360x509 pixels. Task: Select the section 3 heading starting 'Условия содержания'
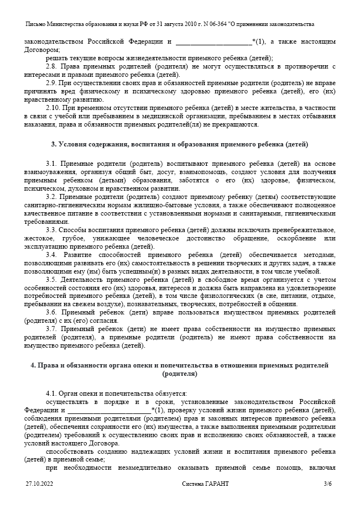(180, 144)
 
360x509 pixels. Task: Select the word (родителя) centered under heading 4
(180, 374)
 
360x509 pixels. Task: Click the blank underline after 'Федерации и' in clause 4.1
(109, 411)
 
